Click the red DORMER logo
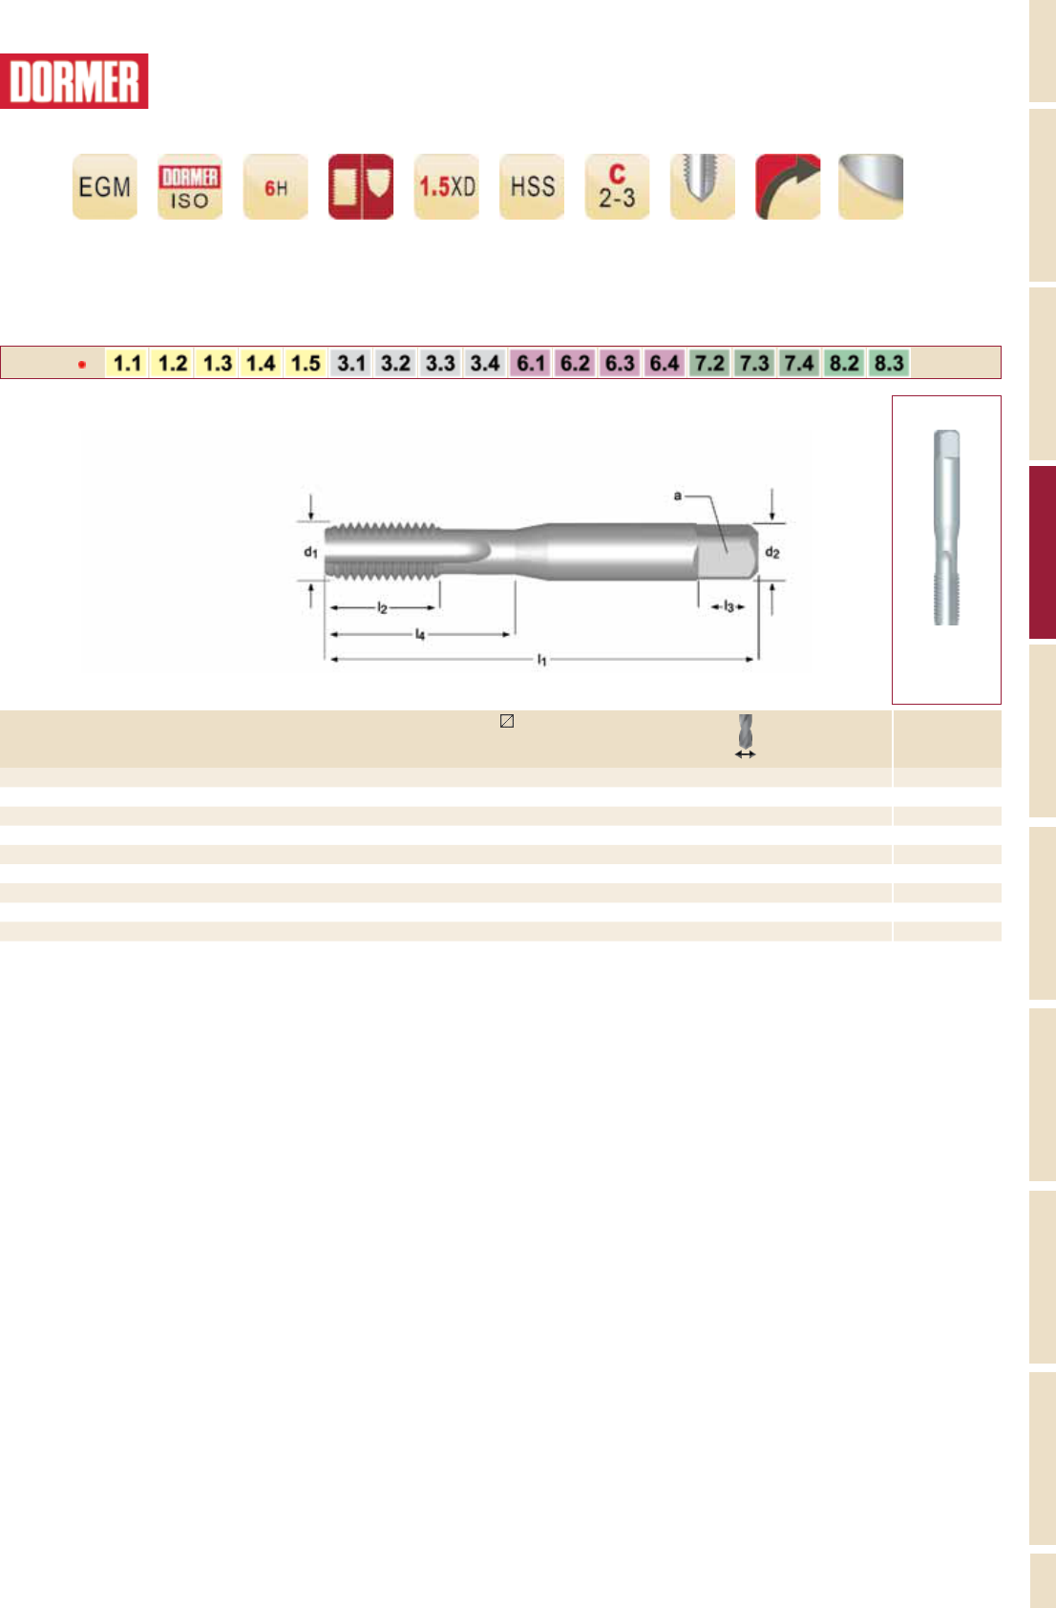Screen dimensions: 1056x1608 coord(74,81)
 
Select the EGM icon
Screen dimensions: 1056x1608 coord(105,186)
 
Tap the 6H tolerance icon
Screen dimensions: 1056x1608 coord(276,186)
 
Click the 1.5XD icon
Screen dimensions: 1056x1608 coord(447,186)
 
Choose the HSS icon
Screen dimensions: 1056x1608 coord(532,186)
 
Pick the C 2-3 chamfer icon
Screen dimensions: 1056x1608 coord(618,186)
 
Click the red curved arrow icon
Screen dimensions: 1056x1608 coord(789,186)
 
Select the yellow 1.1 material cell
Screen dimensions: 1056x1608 coord(127,363)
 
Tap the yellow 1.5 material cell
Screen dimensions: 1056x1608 coord(306,363)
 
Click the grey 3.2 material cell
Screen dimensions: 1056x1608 coord(395,363)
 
